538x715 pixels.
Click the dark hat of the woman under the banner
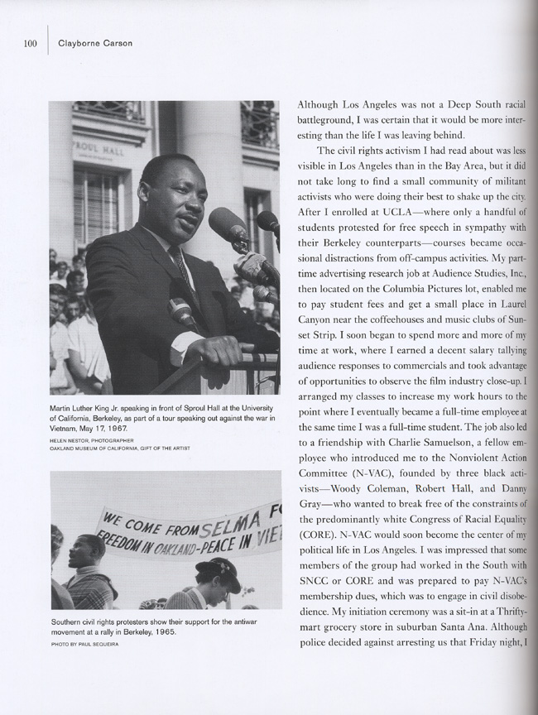[x=217, y=566]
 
